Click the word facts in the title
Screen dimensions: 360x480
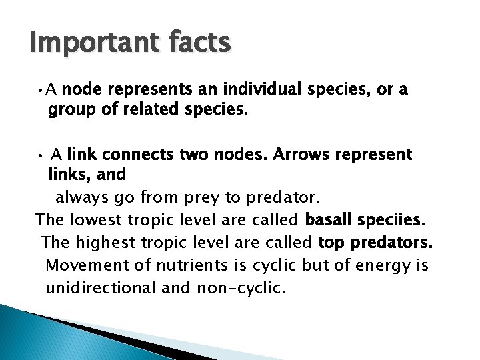198,43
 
